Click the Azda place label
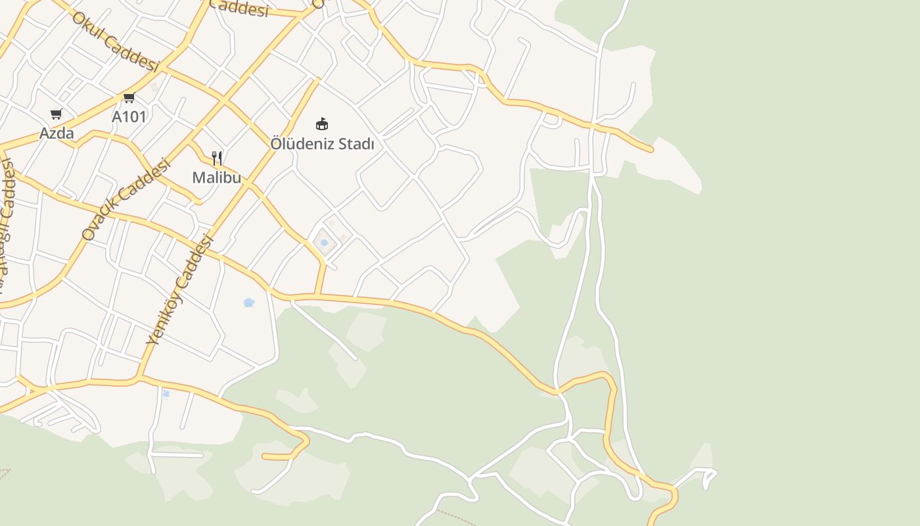[x=57, y=133]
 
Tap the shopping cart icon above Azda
[x=57, y=114]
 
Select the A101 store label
[x=129, y=116]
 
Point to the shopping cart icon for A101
[x=129, y=98]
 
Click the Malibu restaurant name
[x=216, y=177]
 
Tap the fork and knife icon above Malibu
[x=217, y=158]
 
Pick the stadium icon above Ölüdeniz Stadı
[x=322, y=124]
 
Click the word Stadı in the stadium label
[x=356, y=143]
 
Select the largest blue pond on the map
[x=249, y=302]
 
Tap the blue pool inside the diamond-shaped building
[x=324, y=243]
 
